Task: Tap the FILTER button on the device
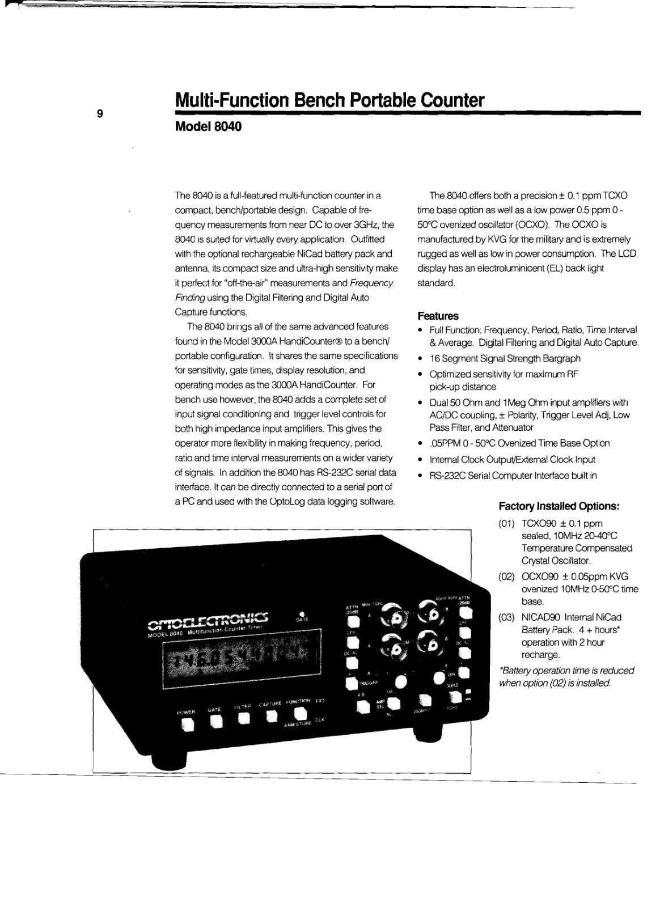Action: point(244,719)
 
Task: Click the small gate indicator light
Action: point(302,613)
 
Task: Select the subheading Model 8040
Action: point(208,126)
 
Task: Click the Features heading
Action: point(438,316)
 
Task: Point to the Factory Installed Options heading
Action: point(559,506)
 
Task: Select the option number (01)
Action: point(506,523)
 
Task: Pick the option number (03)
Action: point(506,617)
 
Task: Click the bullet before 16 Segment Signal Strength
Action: point(420,359)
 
